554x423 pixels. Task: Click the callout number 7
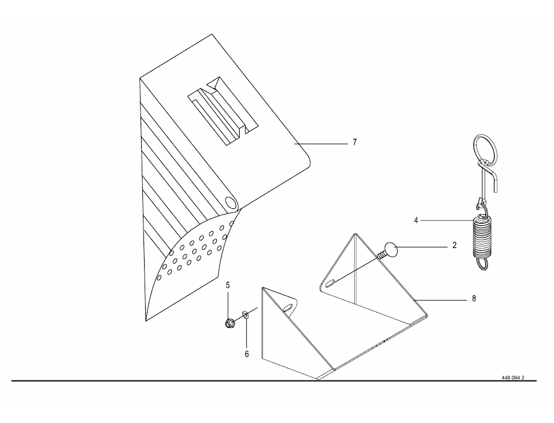pyautogui.click(x=355, y=142)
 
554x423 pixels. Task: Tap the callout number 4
pyautogui.click(x=416, y=221)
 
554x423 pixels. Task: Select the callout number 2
pyautogui.click(x=454, y=245)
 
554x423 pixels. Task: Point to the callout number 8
pyautogui.click(x=474, y=299)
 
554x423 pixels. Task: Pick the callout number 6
pyautogui.click(x=247, y=354)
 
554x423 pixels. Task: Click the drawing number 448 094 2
pyautogui.click(x=513, y=377)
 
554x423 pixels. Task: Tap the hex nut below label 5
pyautogui.click(x=230, y=322)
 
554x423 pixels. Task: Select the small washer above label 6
pyautogui.click(x=245, y=314)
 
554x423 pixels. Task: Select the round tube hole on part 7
pyautogui.click(x=231, y=204)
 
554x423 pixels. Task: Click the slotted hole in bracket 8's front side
pyautogui.click(x=289, y=307)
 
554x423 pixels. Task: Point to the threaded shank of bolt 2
pyautogui.click(x=382, y=254)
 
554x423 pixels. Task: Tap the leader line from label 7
pyautogui.click(x=321, y=144)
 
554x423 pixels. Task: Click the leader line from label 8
pyautogui.click(x=441, y=300)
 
